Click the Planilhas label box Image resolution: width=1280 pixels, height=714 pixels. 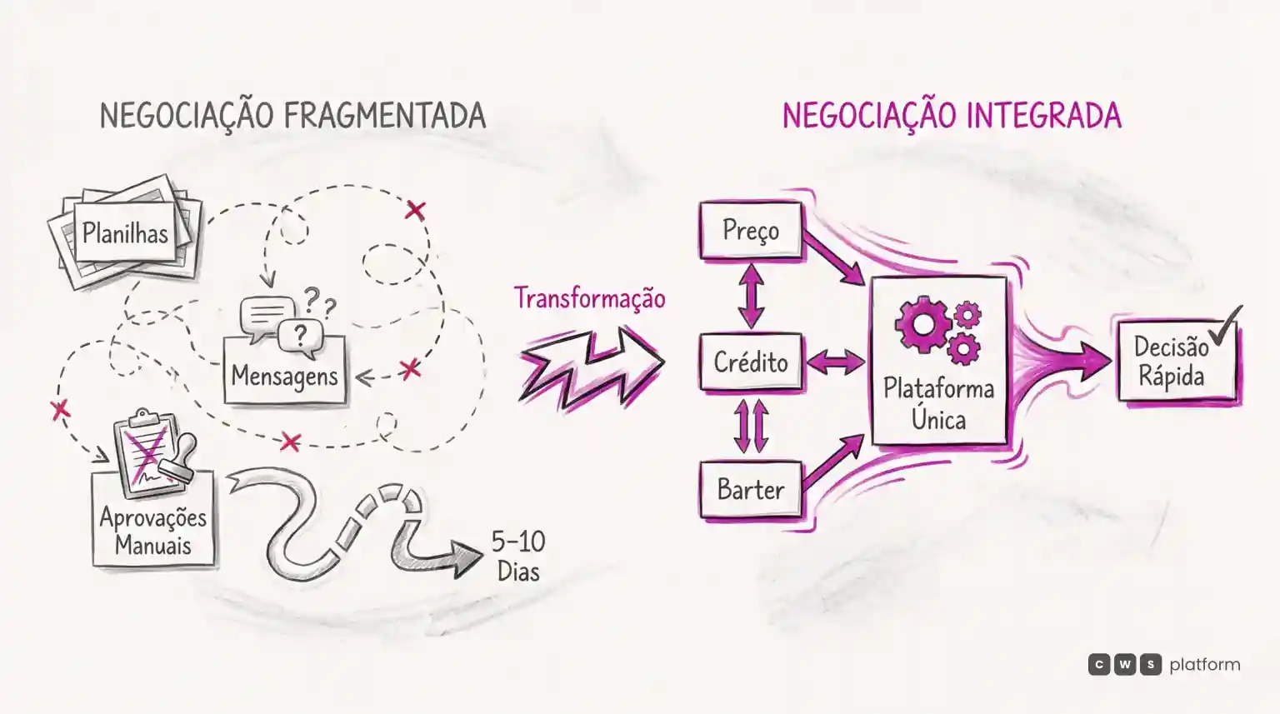point(125,232)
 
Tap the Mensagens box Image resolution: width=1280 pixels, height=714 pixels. point(284,371)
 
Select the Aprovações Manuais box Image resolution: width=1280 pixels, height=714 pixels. point(153,519)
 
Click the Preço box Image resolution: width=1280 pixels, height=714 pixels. point(751,230)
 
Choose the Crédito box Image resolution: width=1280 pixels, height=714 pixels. point(751,362)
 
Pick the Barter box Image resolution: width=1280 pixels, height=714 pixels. point(751,490)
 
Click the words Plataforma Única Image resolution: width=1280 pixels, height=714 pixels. point(939,404)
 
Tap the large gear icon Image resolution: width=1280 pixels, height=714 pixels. point(922,324)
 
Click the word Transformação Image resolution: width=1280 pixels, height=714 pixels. point(590,298)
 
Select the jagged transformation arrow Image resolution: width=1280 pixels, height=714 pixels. point(592,368)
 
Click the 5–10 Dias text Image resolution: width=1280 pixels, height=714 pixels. point(518,556)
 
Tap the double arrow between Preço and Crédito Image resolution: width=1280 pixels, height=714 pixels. point(751,296)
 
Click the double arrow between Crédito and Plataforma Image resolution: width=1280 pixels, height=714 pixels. point(836,362)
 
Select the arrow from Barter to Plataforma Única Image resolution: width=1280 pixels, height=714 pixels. point(832,462)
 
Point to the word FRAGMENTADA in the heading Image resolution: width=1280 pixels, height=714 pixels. point(384,116)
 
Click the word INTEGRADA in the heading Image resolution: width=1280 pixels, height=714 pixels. point(1044,116)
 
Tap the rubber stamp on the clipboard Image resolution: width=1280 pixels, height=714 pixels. point(178,455)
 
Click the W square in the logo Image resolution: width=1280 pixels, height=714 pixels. point(1124,664)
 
